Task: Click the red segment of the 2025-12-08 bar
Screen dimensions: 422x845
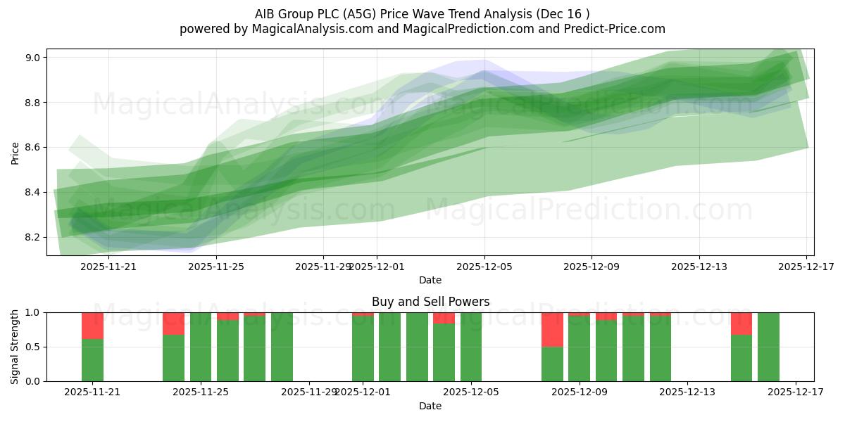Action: click(x=552, y=329)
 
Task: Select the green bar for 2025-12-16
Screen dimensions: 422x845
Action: click(x=768, y=347)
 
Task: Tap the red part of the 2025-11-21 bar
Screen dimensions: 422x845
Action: click(x=92, y=326)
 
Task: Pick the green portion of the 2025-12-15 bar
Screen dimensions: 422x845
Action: click(x=741, y=358)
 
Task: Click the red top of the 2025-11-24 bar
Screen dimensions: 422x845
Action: click(x=173, y=324)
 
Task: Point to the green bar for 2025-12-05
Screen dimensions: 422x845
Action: click(x=471, y=347)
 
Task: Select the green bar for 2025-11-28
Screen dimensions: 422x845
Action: click(x=282, y=347)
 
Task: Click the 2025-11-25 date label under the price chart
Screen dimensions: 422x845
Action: click(x=216, y=267)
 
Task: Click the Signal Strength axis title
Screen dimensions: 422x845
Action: click(x=15, y=347)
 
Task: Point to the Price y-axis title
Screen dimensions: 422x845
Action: click(x=15, y=152)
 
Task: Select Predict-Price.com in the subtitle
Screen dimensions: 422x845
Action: click(x=617, y=29)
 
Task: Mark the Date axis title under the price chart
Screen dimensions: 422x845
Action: click(x=430, y=280)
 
